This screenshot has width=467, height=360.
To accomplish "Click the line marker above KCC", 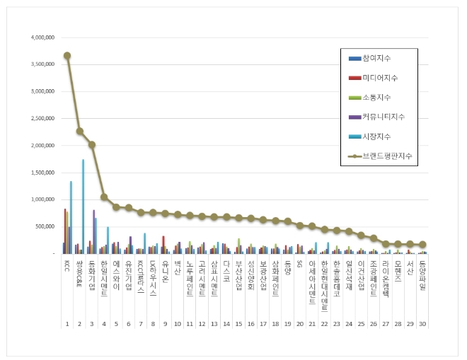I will [x=67, y=55].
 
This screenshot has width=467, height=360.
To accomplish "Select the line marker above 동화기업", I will [x=92, y=144].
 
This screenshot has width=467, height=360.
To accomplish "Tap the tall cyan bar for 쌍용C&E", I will [x=83, y=206].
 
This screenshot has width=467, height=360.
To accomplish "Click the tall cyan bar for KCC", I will [x=71, y=216].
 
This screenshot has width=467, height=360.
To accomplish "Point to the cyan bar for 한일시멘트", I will [x=108, y=240].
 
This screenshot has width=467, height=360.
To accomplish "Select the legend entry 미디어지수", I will [x=379, y=77].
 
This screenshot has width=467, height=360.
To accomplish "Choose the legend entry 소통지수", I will [x=376, y=97].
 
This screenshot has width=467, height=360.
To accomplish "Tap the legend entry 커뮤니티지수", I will [x=383, y=116].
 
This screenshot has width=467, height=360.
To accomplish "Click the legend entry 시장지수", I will [x=376, y=136].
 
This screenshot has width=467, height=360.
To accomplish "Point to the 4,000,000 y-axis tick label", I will [x=42, y=37].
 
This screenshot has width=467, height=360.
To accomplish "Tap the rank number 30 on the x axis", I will [x=422, y=323].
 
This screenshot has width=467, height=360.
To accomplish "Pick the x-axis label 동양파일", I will [x=422, y=273].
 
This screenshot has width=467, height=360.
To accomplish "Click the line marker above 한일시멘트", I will [x=104, y=197].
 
